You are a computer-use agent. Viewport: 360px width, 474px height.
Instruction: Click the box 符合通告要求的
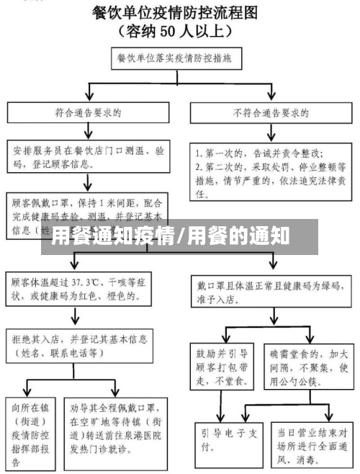click(88, 113)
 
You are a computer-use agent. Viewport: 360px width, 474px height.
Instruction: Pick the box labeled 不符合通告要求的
click(271, 113)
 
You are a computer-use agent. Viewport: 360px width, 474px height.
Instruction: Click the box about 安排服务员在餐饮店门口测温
click(88, 161)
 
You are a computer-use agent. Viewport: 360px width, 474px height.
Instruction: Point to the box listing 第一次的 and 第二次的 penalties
click(271, 173)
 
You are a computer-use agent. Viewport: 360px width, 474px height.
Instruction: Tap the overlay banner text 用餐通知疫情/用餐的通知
click(170, 236)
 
